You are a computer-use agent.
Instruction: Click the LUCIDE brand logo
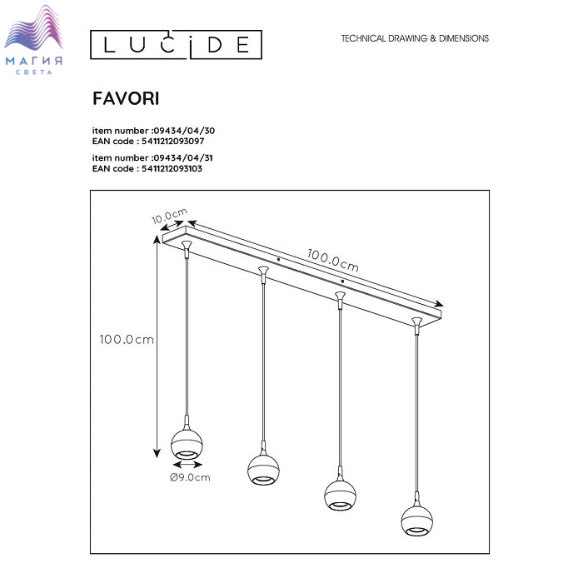(176, 45)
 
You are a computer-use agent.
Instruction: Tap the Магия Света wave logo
(33, 39)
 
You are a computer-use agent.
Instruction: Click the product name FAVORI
(126, 98)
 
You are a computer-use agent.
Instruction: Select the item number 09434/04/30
(184, 131)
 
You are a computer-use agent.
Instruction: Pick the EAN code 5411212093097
(172, 142)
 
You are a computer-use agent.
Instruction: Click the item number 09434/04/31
(183, 157)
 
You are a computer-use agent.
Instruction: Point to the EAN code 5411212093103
(172, 168)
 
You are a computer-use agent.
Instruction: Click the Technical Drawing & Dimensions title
(415, 38)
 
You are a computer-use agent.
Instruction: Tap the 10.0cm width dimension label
(170, 216)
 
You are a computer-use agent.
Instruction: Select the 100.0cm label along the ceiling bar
(333, 260)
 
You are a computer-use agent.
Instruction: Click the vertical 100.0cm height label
(127, 340)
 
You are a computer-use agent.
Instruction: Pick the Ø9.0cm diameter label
(190, 477)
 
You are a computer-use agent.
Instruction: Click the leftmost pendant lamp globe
(187, 444)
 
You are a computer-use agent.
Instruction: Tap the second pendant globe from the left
(263, 469)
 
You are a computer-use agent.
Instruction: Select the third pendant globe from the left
(340, 495)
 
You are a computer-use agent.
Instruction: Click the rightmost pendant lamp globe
(416, 521)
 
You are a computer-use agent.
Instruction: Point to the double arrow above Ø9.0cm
(187, 465)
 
